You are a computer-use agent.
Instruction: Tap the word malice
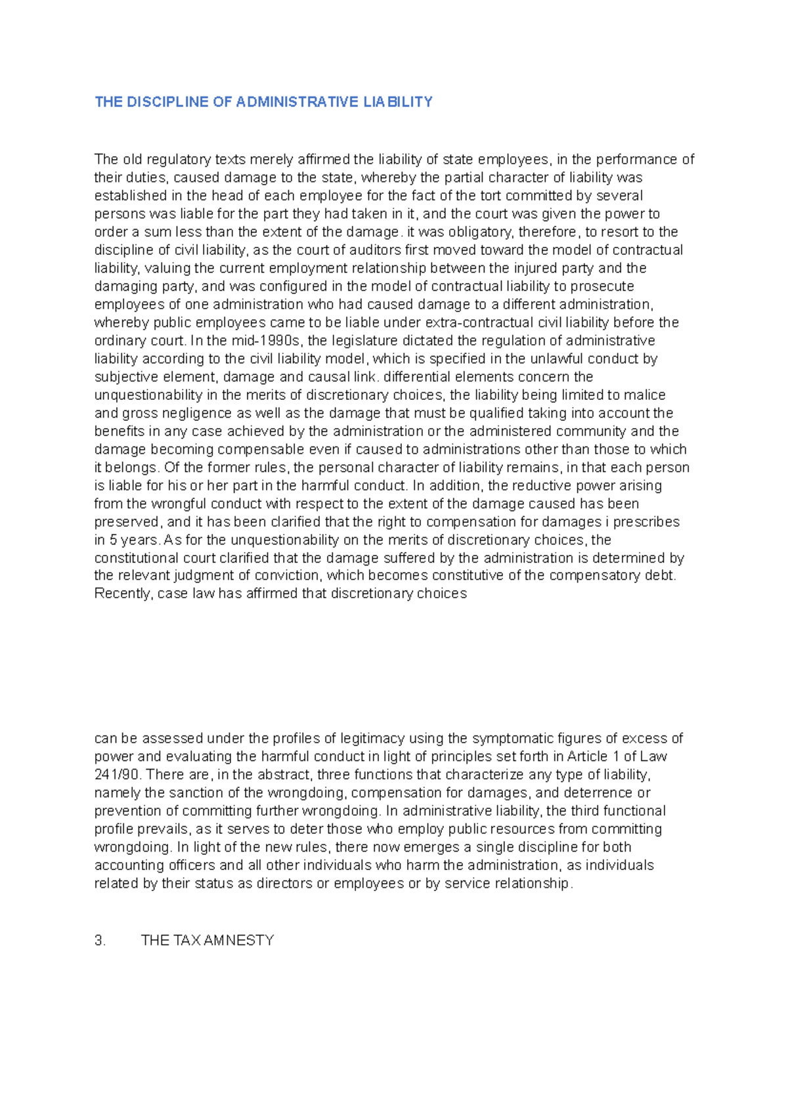click(647, 395)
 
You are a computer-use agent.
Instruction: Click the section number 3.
click(100, 940)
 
